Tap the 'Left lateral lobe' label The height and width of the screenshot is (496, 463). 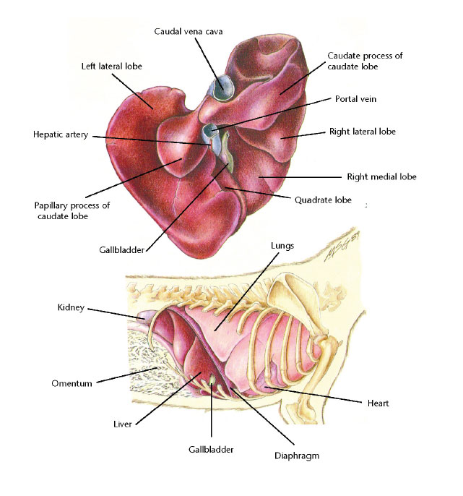click(111, 66)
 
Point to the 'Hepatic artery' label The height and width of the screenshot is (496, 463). click(61, 134)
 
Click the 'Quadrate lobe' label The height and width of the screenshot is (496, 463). click(323, 200)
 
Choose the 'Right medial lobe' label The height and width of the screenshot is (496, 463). click(381, 176)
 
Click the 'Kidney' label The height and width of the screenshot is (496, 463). click(71, 307)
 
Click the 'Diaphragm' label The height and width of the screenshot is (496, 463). click(297, 456)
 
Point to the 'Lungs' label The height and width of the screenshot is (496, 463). click(282, 246)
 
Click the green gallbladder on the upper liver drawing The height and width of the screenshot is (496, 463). click(225, 152)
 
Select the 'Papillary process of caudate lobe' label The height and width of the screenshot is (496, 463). click(72, 210)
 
